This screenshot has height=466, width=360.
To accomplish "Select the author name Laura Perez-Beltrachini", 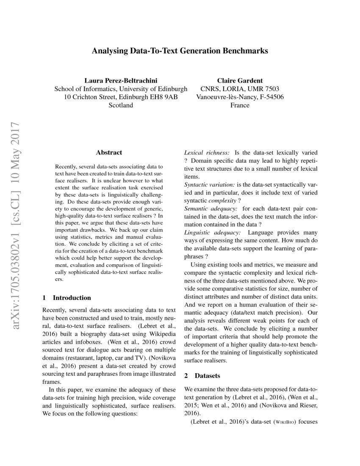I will tap(121, 80).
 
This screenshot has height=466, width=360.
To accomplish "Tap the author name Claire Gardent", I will tap(240, 80).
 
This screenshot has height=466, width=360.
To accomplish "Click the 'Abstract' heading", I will tap(109, 153).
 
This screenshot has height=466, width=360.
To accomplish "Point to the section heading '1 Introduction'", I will tap(67, 297).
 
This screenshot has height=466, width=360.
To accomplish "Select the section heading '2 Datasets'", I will tap(202, 375).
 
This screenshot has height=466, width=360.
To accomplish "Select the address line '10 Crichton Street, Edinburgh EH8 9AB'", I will tap(121, 97).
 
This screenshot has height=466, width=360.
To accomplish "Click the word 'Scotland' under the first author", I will tap(121, 105).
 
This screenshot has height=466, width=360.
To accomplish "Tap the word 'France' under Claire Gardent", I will tap(240, 105).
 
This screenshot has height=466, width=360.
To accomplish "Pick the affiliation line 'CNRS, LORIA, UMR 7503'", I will tap(240, 89).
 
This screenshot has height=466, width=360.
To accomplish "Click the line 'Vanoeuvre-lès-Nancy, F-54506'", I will tap(240, 97).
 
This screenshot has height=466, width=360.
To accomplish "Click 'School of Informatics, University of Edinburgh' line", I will tap(121, 89).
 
